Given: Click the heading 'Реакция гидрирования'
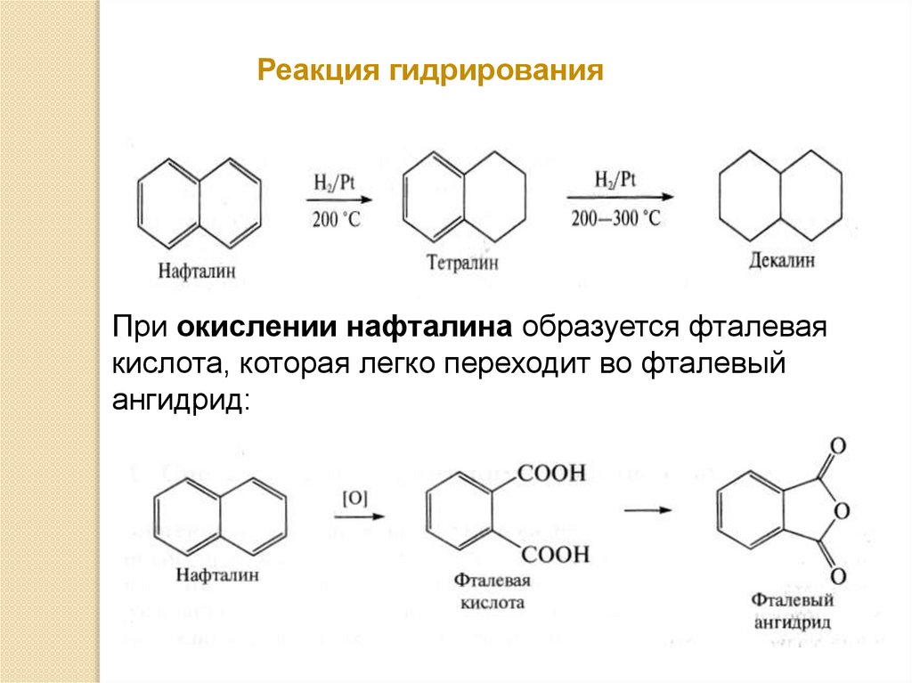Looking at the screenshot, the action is point(430,70).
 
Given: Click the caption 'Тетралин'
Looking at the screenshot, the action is point(461,263).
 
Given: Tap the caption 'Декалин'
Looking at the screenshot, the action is point(781,261).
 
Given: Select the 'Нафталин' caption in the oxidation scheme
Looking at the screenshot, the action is point(218,575).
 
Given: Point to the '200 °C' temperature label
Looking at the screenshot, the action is point(336,219).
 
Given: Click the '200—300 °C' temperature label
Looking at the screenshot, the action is point(616,218).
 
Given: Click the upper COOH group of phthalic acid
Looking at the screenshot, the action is point(551,474).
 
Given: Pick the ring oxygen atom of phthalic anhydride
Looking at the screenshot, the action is point(843,511).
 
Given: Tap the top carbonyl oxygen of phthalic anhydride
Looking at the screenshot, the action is point(836,445).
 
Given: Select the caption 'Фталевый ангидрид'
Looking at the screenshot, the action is point(792,611).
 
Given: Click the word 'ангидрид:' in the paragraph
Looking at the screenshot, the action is point(182,401).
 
